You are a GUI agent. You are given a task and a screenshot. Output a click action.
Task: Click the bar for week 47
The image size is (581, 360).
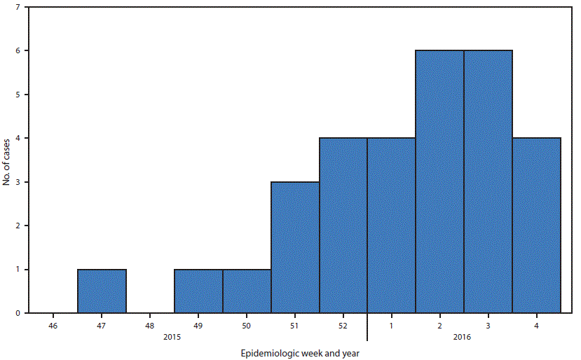pos(102,291)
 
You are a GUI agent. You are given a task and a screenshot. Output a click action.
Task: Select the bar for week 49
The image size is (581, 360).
pos(198,291)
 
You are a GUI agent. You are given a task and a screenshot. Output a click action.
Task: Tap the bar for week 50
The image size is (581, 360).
pos(247,291)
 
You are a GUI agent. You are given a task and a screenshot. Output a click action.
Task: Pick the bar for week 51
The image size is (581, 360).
pos(295,247)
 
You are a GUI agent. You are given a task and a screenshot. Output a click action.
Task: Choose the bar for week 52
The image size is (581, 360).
pos(343,226)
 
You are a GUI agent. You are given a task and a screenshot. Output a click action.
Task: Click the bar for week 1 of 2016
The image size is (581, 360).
pos(392,226)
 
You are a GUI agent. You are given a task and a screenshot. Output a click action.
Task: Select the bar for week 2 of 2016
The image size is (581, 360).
pos(440,182)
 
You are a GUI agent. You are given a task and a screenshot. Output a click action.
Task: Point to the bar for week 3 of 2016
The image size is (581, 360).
pos(488,182)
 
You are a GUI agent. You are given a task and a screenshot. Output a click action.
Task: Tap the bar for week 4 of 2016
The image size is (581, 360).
pos(537,226)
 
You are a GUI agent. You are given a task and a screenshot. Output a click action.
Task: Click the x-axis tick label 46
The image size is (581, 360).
pos(53,326)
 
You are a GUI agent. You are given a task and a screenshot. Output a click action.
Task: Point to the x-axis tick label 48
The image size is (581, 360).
pos(150,326)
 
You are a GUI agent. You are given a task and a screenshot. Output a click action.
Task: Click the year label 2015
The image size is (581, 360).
pos(172,338)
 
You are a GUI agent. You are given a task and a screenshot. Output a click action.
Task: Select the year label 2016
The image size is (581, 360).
pos(462,338)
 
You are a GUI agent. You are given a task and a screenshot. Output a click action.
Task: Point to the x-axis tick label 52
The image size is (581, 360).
pos(343,326)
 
